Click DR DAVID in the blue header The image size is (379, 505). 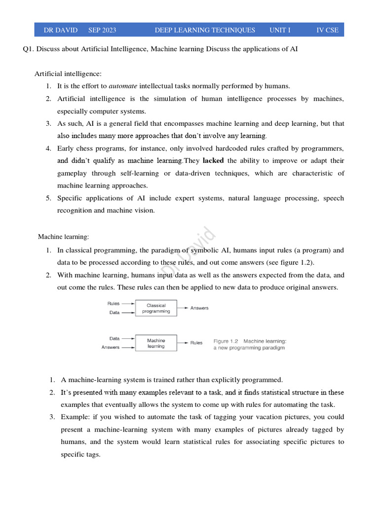point(61,30)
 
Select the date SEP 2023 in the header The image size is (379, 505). point(102,30)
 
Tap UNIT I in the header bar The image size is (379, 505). point(280,30)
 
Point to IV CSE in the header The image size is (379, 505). point(327,30)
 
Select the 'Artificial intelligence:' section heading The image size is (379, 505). point(68,74)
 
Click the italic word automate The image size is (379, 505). point(123,86)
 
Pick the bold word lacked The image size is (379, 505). point(213,161)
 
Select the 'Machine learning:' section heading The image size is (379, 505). point(63,237)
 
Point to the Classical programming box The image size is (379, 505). point(156,308)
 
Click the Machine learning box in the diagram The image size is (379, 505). point(156,343)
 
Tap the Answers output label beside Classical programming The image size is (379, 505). point(199,308)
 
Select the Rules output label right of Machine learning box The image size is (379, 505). point(196,343)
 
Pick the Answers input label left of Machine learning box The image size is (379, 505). point(111,347)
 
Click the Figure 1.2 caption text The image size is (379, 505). point(249,344)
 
